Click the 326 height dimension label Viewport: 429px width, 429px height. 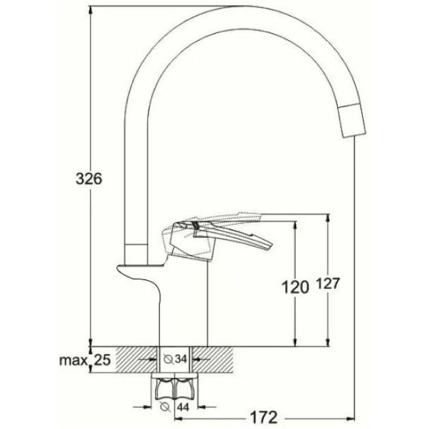89,179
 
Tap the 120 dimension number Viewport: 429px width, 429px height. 295,288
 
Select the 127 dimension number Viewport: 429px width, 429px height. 328,284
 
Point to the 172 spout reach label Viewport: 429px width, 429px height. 263,418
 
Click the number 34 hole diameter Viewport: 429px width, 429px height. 181,358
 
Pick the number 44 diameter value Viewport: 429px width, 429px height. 183,407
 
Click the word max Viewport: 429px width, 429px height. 73,361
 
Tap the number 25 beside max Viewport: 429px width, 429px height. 102,360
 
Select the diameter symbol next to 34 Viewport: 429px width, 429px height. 169,359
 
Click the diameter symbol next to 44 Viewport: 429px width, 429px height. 165,407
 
